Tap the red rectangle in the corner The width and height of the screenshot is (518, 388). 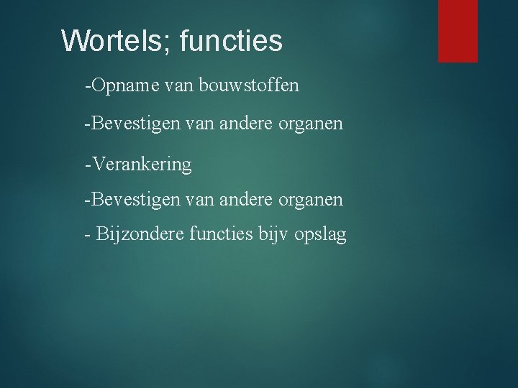point(458,30)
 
